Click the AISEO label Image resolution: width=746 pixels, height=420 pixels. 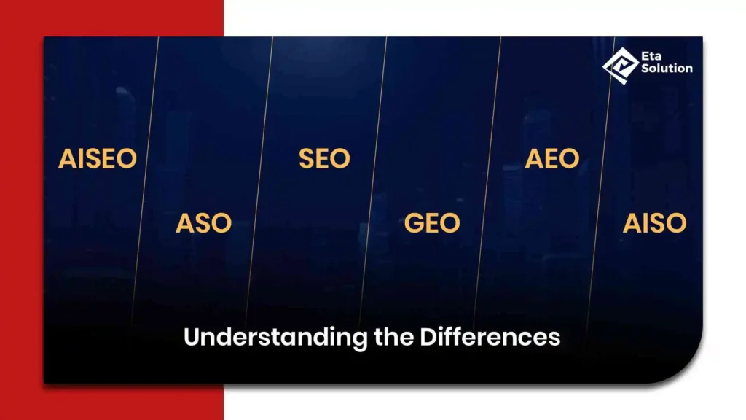point(98,158)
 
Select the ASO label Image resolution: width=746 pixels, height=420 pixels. point(204,223)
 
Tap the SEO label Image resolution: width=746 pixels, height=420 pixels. point(324,158)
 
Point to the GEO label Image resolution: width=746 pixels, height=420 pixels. point(432,223)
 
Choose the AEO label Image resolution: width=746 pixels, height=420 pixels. point(552,158)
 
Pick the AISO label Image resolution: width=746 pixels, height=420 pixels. point(655,223)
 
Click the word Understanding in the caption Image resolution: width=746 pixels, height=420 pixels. point(275,338)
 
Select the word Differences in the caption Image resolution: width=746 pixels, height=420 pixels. point(490,337)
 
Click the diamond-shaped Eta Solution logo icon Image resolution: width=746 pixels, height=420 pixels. point(621,66)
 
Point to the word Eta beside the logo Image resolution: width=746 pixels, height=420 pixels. point(651,56)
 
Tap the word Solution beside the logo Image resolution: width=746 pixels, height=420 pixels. point(667,68)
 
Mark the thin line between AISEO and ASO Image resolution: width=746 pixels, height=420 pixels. point(144,181)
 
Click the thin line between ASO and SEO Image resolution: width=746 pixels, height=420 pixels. point(259,181)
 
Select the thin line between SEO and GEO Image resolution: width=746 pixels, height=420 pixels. point(372,181)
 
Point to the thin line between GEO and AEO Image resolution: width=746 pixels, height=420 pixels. point(487,181)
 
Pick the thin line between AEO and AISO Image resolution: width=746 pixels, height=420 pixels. point(600,181)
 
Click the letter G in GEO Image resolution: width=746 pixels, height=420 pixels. point(414,223)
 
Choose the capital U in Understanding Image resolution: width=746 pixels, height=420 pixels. point(192,337)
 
